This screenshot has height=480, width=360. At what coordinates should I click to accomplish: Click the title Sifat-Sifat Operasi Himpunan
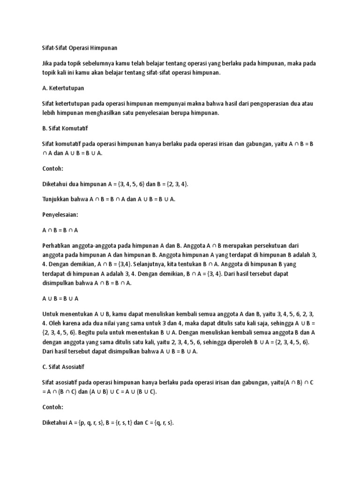[79, 48]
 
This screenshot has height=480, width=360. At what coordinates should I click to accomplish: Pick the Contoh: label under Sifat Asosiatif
[52, 407]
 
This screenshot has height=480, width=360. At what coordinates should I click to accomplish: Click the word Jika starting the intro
[47, 63]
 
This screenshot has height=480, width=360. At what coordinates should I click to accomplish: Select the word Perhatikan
[58, 245]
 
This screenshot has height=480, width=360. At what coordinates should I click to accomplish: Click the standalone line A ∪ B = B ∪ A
[60, 298]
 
